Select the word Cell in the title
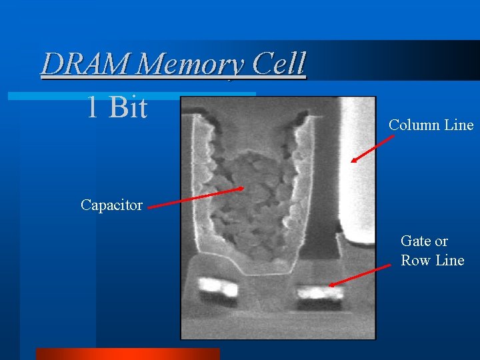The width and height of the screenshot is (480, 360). pyautogui.click(x=279, y=64)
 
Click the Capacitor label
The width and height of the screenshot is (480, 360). pyautogui.click(x=111, y=205)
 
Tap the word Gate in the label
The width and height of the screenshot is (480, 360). pyautogui.click(x=415, y=241)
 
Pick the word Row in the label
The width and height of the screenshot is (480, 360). pyautogui.click(x=415, y=261)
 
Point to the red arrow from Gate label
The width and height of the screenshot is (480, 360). pyautogui.click(x=361, y=275)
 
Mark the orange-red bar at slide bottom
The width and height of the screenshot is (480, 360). pyautogui.click(x=127, y=354)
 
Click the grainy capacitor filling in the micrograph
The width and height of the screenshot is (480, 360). pyautogui.click(x=253, y=200)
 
